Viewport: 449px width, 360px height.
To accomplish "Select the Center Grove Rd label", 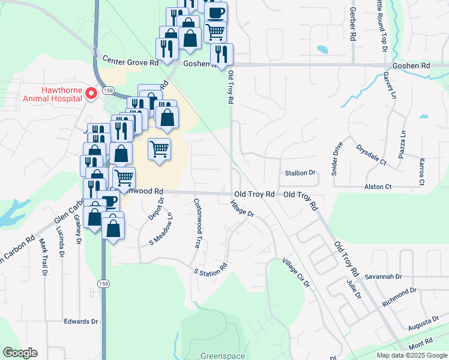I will [130, 61].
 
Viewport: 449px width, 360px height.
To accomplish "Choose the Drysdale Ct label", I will [371, 154].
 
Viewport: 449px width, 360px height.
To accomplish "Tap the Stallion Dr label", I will [300, 173].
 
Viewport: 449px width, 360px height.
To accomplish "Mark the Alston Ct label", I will [378, 187].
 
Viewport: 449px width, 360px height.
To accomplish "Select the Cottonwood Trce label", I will [196, 224].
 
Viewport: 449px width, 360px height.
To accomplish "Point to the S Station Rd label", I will [210, 269].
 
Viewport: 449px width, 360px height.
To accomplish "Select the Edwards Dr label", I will [81, 322].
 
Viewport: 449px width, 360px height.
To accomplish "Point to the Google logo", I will [20, 353].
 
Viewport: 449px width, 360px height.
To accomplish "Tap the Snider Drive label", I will [337, 159].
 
